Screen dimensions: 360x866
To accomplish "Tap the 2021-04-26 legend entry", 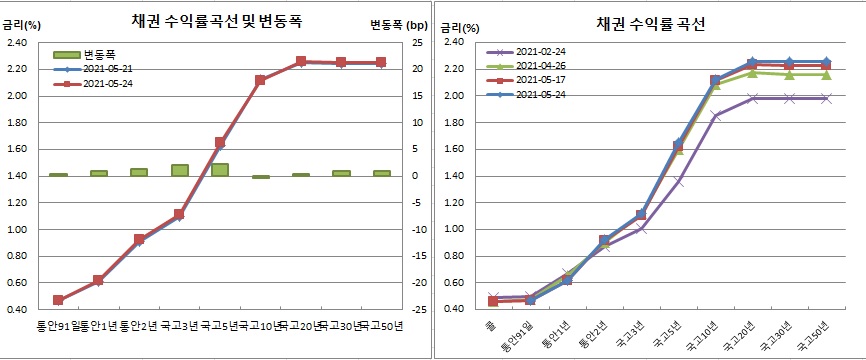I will [x=540, y=66].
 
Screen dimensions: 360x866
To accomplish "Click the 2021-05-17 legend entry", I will [x=540, y=80].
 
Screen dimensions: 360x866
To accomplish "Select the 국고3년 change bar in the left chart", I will [x=179, y=170].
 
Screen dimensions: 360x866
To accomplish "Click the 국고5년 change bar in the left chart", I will [x=220, y=170].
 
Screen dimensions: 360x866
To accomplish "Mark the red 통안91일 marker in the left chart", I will [x=58, y=300].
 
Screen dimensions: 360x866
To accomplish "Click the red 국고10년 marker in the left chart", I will [x=260, y=80].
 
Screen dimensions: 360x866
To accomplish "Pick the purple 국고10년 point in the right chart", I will [x=716, y=116].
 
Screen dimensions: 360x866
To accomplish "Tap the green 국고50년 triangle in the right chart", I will [x=825, y=75].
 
